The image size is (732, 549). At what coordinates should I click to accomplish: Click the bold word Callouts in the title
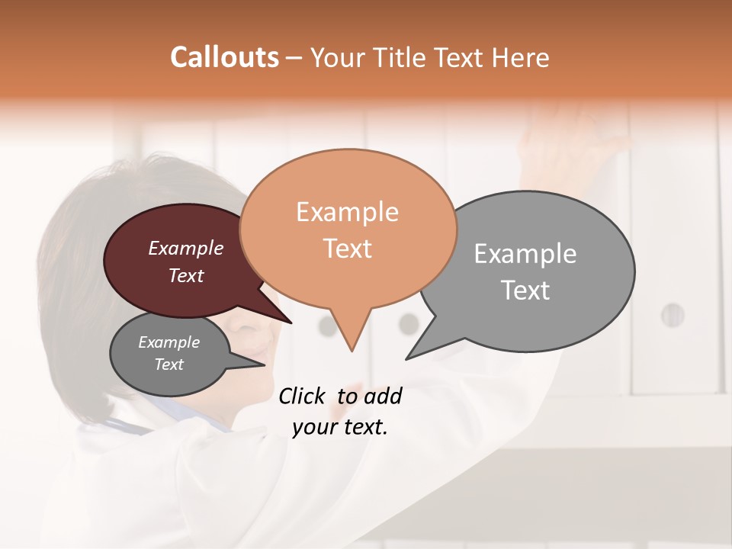pos(224,57)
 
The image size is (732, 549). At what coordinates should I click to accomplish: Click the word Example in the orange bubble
pos(347,212)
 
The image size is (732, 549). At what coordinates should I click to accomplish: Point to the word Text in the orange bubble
pos(348,249)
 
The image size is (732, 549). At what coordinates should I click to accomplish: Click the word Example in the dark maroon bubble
pos(185,248)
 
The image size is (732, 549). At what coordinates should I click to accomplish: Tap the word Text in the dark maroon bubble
pos(186,275)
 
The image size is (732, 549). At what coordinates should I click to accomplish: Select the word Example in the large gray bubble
pos(525,253)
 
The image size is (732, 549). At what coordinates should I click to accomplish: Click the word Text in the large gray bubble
pos(526,291)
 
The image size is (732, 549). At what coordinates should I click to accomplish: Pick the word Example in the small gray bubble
pos(169,342)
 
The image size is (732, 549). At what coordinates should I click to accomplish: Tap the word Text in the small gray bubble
pos(169,364)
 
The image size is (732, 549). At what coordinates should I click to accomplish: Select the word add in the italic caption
pos(383,396)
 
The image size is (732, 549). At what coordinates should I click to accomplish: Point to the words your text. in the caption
pos(340,427)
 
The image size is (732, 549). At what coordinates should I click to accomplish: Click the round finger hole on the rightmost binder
pos(672,314)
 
